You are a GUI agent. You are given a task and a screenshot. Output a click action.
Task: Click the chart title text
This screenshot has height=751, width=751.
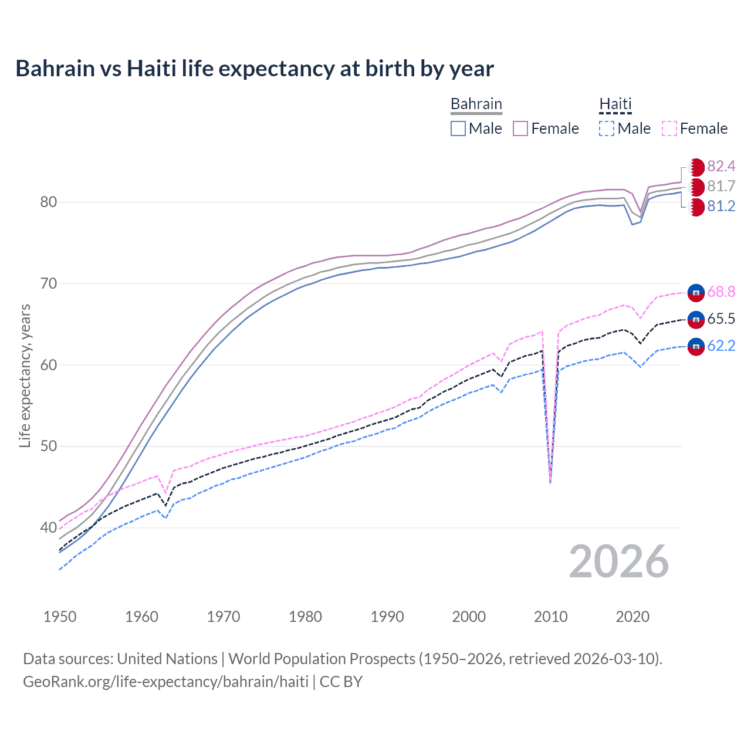pyautogui.click(x=255, y=69)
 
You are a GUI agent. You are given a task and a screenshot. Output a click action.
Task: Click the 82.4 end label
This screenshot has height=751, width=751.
pyautogui.click(x=721, y=167)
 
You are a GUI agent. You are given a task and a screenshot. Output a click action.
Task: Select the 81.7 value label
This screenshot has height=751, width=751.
pyautogui.click(x=721, y=187)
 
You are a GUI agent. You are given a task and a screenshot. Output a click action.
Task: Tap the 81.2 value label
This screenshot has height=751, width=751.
pyautogui.click(x=721, y=207)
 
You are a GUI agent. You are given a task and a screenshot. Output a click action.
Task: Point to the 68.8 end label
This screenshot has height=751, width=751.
pyautogui.click(x=721, y=292)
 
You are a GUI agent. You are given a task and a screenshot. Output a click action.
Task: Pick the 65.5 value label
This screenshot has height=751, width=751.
pyautogui.click(x=721, y=319)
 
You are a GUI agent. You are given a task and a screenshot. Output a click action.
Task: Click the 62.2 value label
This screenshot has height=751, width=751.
pyautogui.click(x=721, y=346)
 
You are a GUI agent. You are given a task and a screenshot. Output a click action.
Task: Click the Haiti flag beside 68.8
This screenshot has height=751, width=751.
pyautogui.click(x=696, y=292)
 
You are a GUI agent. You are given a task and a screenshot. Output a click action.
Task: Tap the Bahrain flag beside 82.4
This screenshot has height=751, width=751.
pyautogui.click(x=696, y=167)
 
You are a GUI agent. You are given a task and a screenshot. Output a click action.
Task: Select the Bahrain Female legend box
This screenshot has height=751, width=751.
pyautogui.click(x=520, y=128)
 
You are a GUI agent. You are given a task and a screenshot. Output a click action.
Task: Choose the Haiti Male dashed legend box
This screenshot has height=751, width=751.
pyautogui.click(x=607, y=128)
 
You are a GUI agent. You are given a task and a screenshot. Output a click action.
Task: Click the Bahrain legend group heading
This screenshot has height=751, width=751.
pyautogui.click(x=476, y=104)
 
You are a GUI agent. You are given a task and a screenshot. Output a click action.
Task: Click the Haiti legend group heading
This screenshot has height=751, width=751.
pyautogui.click(x=615, y=104)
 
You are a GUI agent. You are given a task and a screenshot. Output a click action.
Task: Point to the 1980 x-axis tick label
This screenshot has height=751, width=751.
pyautogui.click(x=305, y=617)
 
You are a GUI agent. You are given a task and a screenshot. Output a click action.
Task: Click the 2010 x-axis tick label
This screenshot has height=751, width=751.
pyautogui.click(x=550, y=617)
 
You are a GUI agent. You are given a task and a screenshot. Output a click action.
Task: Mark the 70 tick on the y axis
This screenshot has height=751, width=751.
pyautogui.click(x=48, y=284)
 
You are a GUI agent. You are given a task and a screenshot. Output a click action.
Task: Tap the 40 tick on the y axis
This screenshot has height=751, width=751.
pyautogui.click(x=48, y=527)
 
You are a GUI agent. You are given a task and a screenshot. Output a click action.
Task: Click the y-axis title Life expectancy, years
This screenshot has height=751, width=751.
pyautogui.click(x=25, y=375)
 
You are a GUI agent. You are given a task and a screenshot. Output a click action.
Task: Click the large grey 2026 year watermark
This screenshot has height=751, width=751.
pyautogui.click(x=618, y=562)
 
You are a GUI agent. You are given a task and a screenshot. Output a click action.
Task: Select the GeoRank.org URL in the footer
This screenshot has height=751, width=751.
pyautogui.click(x=165, y=682)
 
